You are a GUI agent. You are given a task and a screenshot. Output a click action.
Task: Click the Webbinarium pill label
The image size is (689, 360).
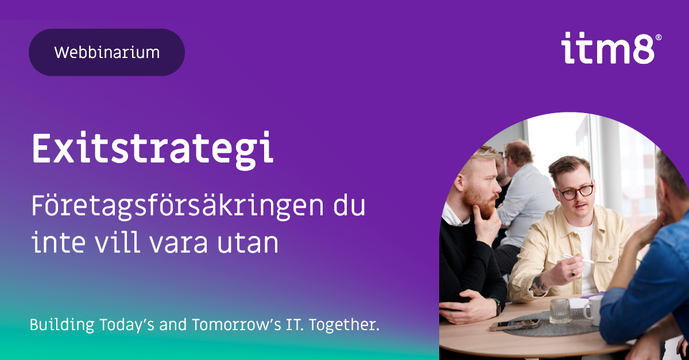point(107,52)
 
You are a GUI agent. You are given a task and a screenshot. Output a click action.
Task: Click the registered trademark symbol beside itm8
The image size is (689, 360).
point(658,37)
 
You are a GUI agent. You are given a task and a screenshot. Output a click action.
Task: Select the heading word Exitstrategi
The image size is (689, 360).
point(152,149)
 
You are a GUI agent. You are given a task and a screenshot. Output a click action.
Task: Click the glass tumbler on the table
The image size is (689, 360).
point(560,311)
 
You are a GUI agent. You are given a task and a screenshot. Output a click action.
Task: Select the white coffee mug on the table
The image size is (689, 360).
point(592,309)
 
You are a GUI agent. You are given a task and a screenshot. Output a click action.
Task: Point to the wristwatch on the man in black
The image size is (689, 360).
point(497,305)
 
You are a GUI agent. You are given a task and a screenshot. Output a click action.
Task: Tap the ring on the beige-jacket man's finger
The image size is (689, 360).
point(573,274)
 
